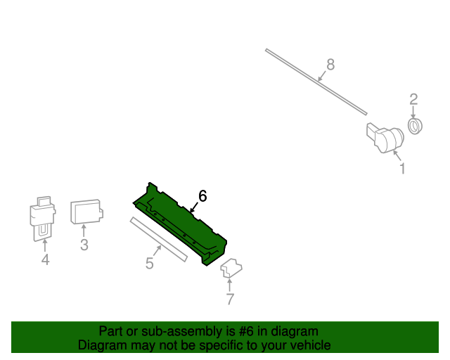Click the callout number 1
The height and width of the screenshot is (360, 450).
402,169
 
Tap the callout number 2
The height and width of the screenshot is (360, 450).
413,99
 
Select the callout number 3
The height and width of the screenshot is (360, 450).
84,245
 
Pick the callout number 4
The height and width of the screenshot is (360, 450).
45,261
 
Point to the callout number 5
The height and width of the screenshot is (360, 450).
149,264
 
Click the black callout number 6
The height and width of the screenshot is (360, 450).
202,195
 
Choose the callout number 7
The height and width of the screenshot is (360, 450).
230,300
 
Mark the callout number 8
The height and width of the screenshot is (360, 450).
330,65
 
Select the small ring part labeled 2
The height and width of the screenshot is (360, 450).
415,126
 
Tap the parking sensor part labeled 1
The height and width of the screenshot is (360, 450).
383,136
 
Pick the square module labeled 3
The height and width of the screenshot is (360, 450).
86,211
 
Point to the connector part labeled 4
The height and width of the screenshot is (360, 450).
44,218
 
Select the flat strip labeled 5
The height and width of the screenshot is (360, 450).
158,239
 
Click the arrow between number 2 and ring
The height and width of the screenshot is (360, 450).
413,112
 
